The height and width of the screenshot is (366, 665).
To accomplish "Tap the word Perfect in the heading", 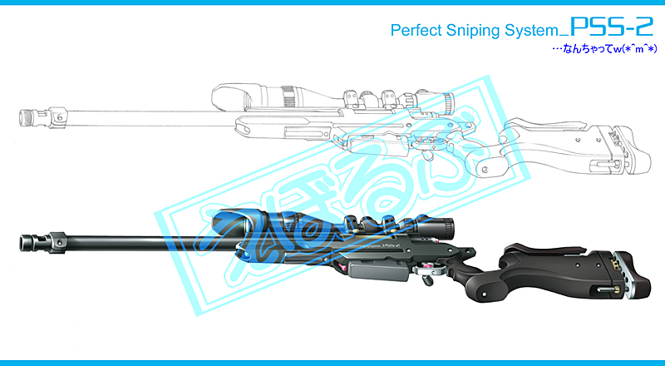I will tap(416, 31).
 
